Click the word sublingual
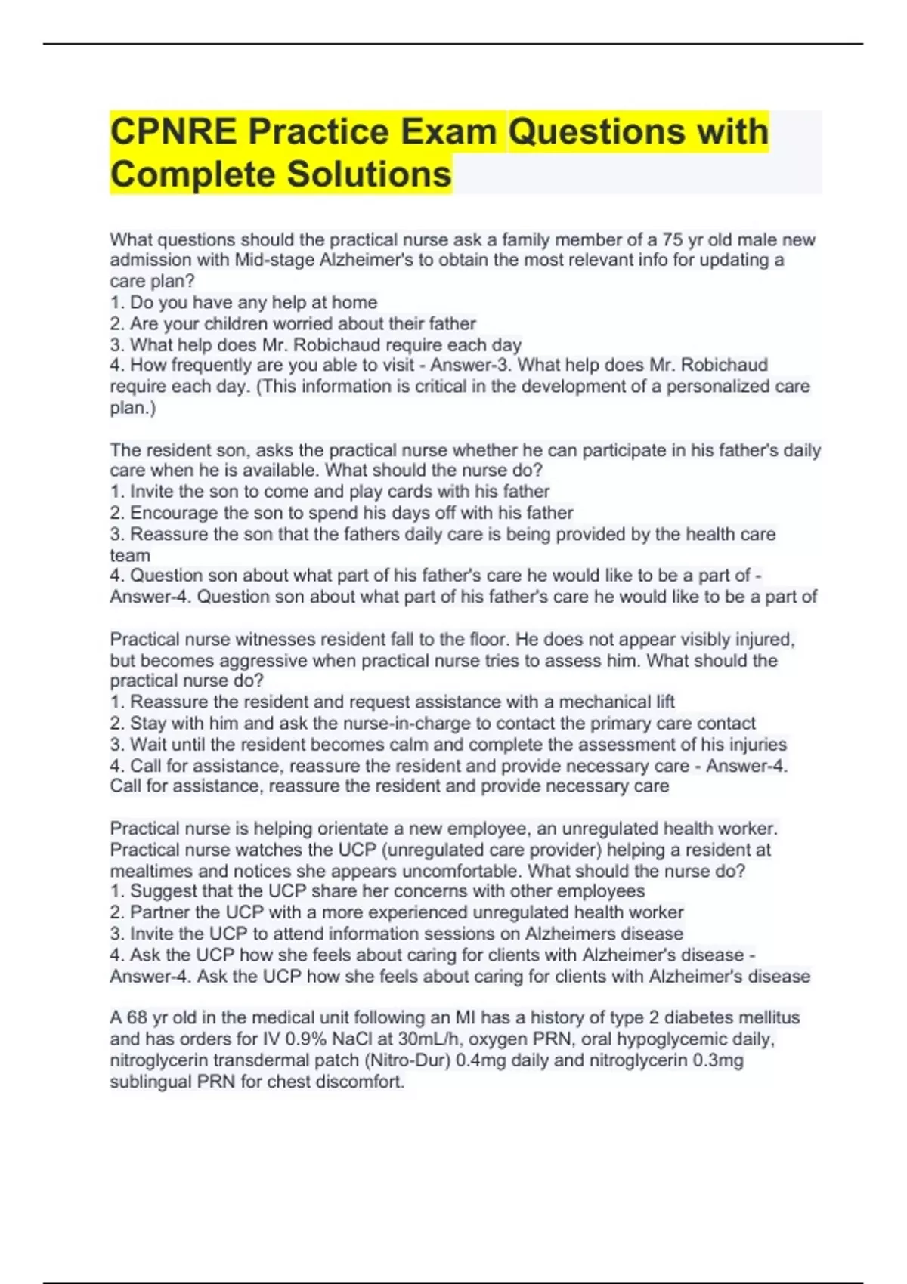click(x=150, y=1082)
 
